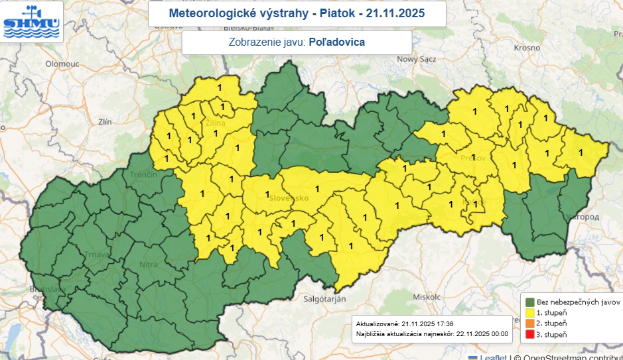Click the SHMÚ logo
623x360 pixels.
click(32, 22)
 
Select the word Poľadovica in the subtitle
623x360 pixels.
click(337, 42)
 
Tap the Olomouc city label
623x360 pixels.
click(62, 64)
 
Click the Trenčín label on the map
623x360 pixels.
click(143, 174)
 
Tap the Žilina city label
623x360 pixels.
click(215, 123)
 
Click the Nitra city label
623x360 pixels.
click(149, 265)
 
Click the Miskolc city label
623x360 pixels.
click(426, 296)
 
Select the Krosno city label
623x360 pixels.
click(527, 48)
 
